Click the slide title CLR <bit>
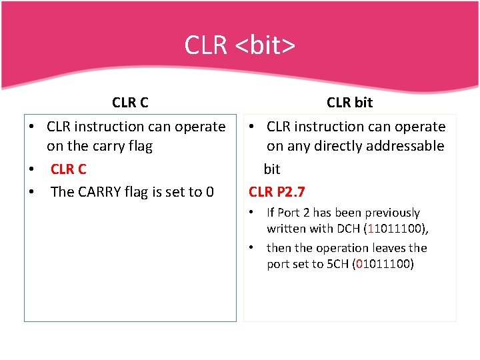240,46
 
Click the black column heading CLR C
130,103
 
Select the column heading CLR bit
349,103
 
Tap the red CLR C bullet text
69,169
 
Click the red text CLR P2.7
277,192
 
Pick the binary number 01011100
384,264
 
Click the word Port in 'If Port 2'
291,213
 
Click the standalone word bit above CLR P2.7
272,169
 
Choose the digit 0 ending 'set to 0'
209,192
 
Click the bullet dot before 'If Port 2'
252,213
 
